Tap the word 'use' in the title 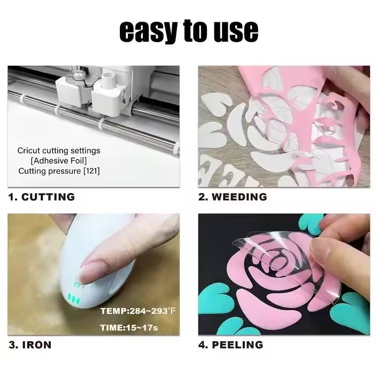[x=236, y=31]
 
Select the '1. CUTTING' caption [x=41, y=197]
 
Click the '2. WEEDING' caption [x=233, y=197]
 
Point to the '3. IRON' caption [x=30, y=345]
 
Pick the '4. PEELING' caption [x=230, y=345]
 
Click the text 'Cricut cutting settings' [x=59, y=150]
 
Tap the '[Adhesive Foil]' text [x=59, y=160]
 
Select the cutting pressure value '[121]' [x=91, y=171]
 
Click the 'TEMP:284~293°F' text [x=138, y=311]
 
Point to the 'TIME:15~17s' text [x=129, y=328]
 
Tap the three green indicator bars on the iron [x=74, y=298]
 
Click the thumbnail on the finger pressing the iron [x=91, y=272]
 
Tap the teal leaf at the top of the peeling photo [x=311, y=222]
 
